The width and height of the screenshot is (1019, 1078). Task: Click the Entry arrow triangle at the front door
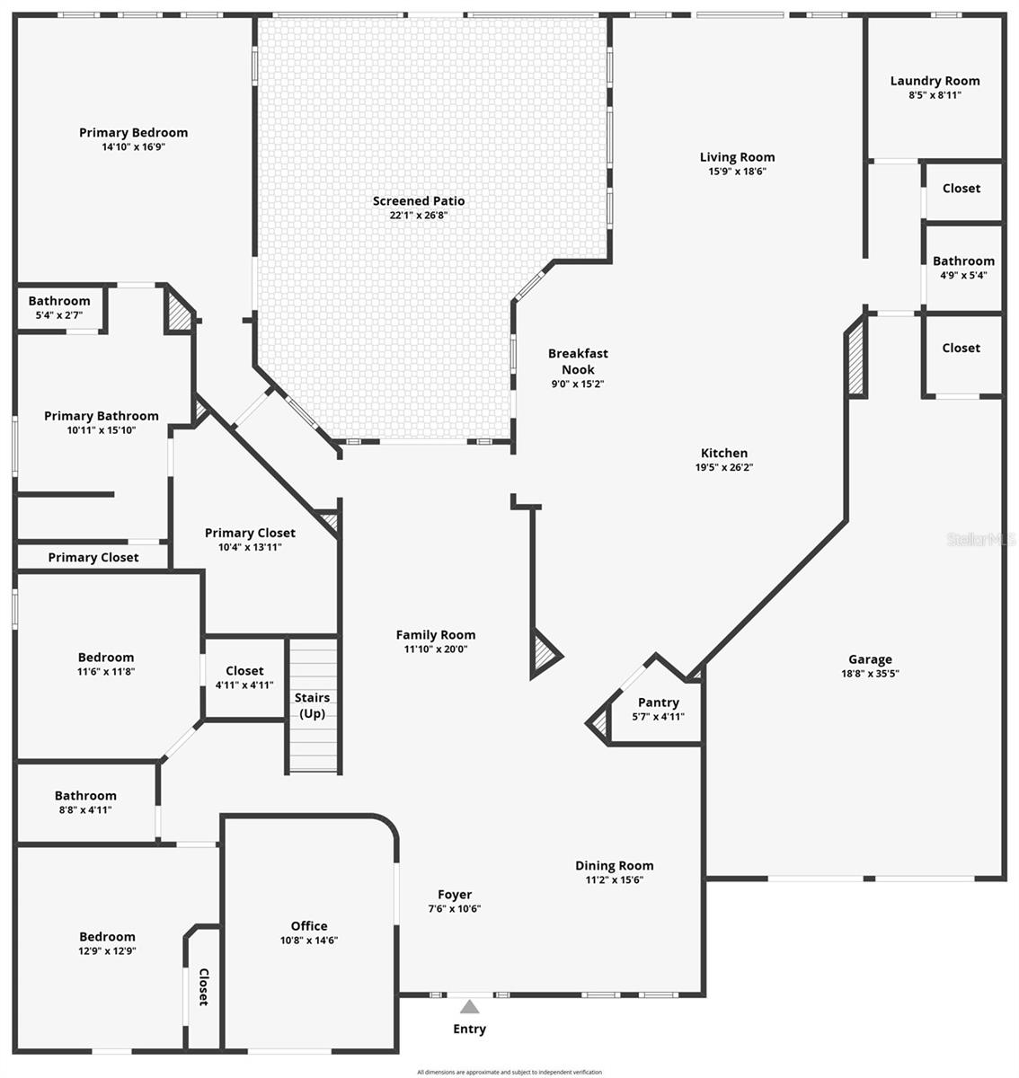(x=469, y=1007)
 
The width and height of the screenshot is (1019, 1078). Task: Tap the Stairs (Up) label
(x=313, y=705)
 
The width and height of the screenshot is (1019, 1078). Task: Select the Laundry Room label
(x=935, y=81)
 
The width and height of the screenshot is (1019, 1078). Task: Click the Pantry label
(x=659, y=702)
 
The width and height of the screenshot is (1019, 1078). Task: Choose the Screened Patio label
(x=419, y=201)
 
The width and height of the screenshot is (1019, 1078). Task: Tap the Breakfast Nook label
(x=578, y=361)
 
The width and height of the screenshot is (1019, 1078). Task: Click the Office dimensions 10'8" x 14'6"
(x=309, y=941)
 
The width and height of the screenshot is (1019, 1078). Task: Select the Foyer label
(x=455, y=895)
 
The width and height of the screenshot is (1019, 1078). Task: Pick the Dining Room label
(x=615, y=866)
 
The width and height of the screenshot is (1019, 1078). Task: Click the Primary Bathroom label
(x=102, y=416)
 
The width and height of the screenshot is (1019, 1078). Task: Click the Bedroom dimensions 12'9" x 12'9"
(x=107, y=951)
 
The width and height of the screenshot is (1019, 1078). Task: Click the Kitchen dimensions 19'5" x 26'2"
(x=724, y=467)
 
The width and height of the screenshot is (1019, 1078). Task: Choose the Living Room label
(x=737, y=157)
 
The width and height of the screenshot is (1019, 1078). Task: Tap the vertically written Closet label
(x=203, y=986)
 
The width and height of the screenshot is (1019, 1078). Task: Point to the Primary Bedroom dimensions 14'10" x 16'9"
(x=134, y=146)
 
